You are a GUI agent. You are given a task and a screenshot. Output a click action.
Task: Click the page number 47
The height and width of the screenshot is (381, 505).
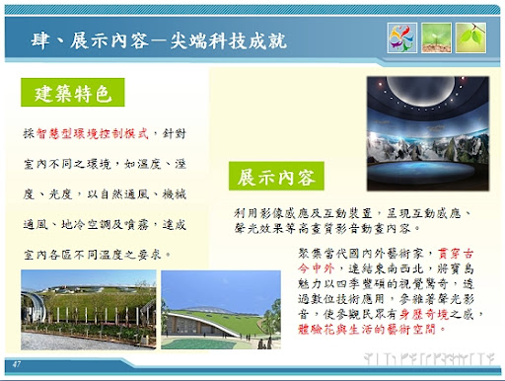coord(17,365)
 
